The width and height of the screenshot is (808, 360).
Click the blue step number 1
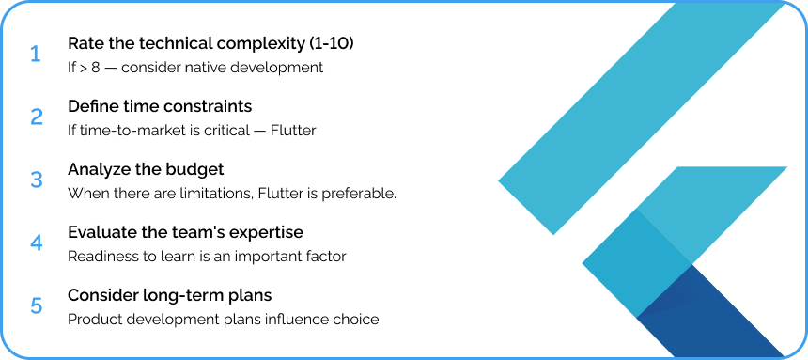[35, 55]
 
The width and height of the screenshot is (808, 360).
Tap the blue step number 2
[37, 117]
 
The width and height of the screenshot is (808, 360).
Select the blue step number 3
[37, 180]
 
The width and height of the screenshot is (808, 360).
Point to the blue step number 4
[37, 243]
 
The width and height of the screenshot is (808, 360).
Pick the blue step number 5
[37, 305]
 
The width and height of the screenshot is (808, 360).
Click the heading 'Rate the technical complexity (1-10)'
[210, 44]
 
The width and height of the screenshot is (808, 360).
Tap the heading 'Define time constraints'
[160, 106]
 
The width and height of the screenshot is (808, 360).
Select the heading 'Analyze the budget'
[146, 170]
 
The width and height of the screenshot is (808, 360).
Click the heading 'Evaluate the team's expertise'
[185, 232]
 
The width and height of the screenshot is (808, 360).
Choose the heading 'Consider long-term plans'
[169, 295]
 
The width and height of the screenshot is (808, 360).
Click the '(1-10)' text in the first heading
[332, 44]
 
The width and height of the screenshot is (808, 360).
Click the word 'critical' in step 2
[225, 131]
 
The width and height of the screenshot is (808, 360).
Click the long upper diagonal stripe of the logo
[642, 118]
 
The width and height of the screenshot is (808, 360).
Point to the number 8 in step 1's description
[95, 68]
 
